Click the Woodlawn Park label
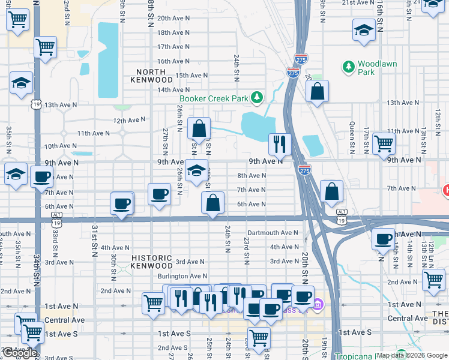(x=366, y=68)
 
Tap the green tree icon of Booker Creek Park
(x=257, y=97)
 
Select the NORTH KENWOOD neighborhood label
(x=151, y=76)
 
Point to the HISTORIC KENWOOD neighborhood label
(x=152, y=262)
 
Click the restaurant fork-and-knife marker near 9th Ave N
(x=280, y=143)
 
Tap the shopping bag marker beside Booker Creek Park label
(x=199, y=128)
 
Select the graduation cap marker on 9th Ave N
(x=196, y=171)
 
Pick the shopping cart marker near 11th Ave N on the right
(x=384, y=143)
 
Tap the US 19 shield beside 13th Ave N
(x=35, y=105)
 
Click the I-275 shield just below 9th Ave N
(x=304, y=170)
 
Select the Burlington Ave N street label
(x=182, y=276)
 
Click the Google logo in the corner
(x=20, y=353)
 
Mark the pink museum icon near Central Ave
(x=318, y=306)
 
